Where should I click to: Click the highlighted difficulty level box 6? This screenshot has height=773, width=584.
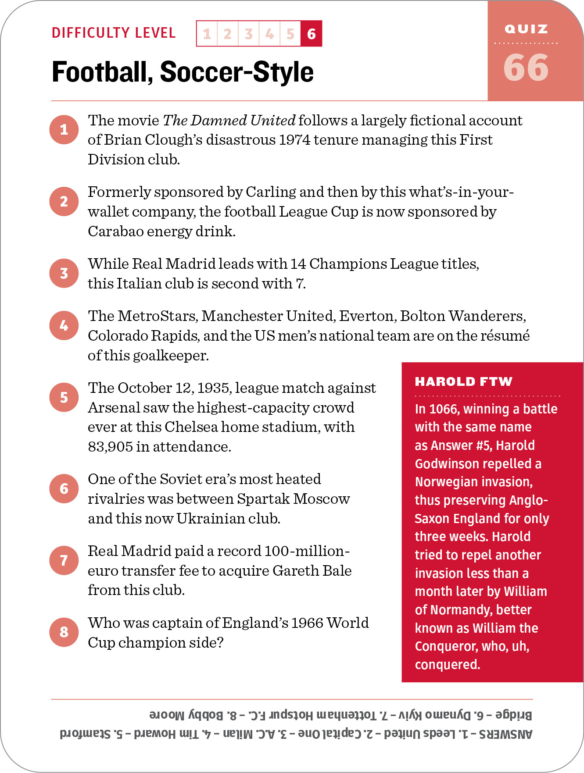pos(312,33)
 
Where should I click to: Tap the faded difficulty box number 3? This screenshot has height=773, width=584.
pos(249,33)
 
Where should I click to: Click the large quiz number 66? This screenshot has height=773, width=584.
pos(526,68)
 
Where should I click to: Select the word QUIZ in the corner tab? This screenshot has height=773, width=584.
pos(526,29)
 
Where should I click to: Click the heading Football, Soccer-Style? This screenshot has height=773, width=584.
pos(183,72)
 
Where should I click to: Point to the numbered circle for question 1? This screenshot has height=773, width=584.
pos(64,129)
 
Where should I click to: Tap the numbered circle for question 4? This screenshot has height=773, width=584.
pos(64,325)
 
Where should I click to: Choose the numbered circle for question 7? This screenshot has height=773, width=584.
pos(64,560)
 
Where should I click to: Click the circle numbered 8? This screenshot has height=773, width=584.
pos(64,632)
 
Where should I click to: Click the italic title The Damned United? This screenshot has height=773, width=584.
pos(229,120)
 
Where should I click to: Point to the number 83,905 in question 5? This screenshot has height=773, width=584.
pos(110,446)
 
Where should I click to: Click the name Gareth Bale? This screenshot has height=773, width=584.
pos(312,570)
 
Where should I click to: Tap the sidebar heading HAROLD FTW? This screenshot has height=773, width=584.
pos(463,381)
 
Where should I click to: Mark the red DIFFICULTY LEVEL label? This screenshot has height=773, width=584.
pos(114,33)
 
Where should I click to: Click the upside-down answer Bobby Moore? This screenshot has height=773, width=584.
pos(186,715)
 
